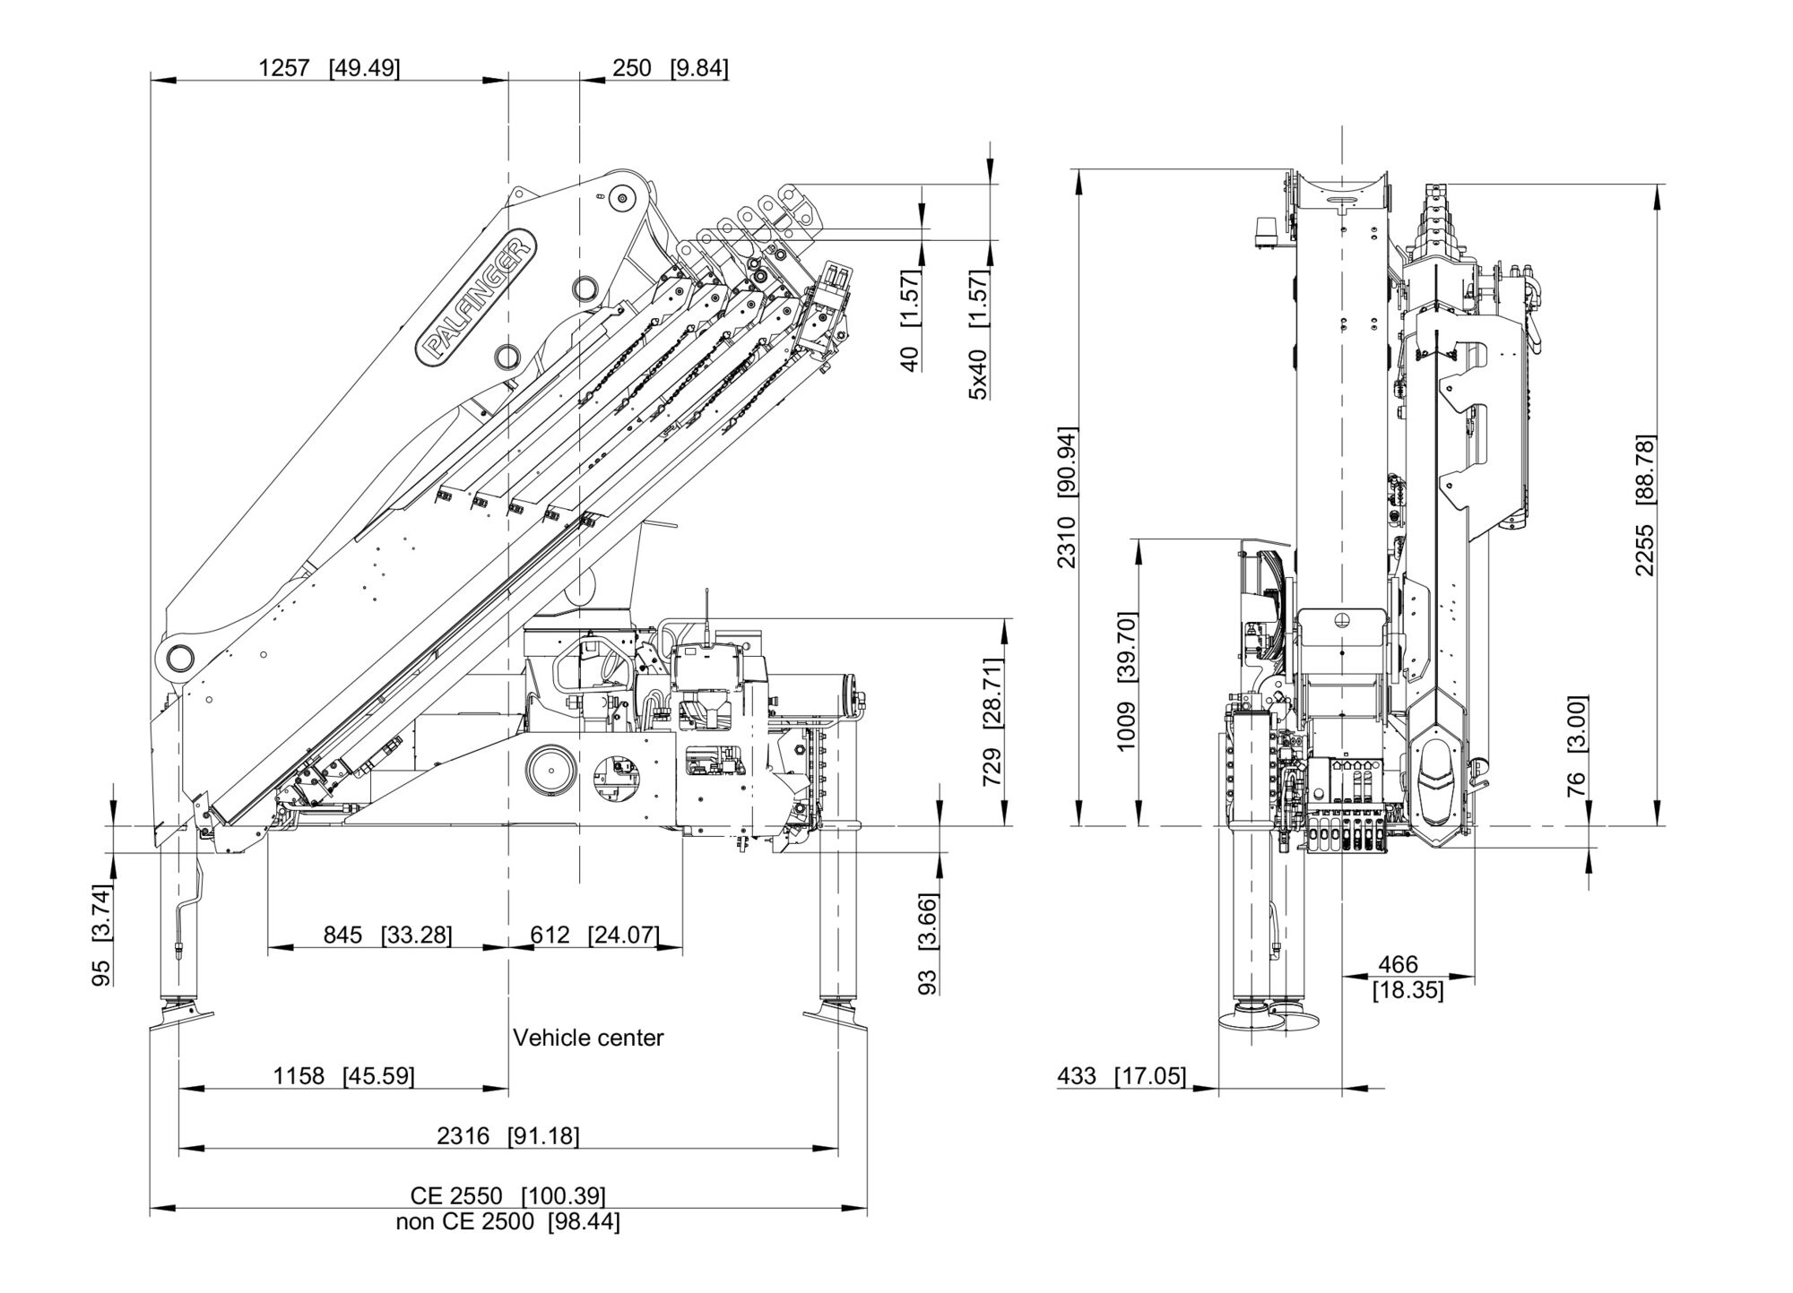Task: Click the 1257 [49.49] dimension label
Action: point(329,68)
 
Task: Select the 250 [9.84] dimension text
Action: point(670,68)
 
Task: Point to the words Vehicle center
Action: point(588,1038)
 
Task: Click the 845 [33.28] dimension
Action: point(387,935)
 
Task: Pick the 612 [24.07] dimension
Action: point(594,935)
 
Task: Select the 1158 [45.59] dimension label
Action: point(343,1076)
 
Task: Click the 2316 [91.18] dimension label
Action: point(508,1136)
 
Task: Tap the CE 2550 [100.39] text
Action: point(508,1195)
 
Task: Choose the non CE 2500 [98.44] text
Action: point(508,1221)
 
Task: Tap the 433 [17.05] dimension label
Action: point(1122,1075)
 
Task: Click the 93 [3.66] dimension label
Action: point(929,944)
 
